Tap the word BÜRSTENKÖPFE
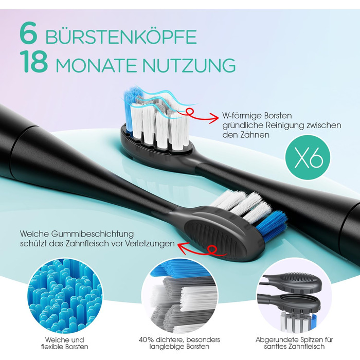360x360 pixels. coord(121,37)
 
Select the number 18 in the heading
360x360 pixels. coord(34,62)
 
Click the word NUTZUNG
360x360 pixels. coord(189,66)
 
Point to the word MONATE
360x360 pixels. coord(97,66)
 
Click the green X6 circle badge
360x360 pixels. coord(308,157)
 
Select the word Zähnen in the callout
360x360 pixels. coord(255,135)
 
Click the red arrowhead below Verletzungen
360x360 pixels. coord(183,248)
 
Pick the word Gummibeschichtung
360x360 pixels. coord(92,234)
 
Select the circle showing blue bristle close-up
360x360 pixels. coord(65,296)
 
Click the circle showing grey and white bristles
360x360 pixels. coord(179,296)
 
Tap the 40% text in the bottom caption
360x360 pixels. coord(146,339)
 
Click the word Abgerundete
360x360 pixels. coord(275,339)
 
